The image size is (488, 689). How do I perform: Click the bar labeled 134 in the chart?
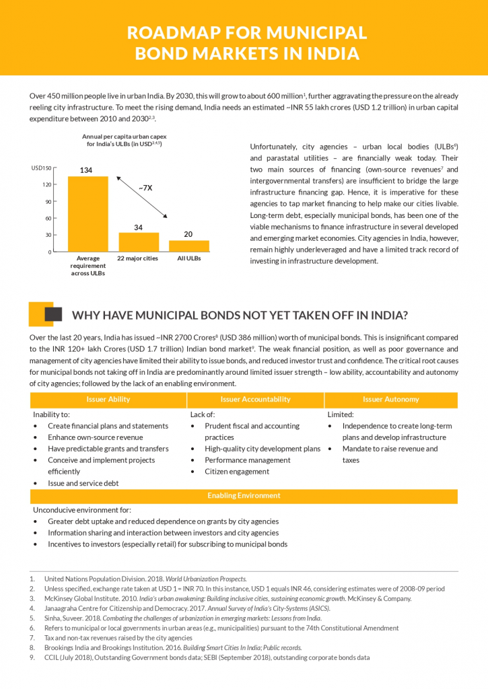[88, 213]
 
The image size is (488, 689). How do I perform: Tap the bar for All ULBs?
[188, 246]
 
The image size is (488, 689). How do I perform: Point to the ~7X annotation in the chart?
[145, 188]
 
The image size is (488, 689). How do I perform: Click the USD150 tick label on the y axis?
[41, 168]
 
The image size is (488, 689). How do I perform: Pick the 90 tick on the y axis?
[48, 201]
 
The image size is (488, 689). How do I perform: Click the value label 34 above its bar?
[138, 227]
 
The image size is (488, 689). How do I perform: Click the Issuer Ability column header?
[108, 400]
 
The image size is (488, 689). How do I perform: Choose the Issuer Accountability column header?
[255, 400]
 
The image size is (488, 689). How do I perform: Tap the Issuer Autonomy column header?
[390, 400]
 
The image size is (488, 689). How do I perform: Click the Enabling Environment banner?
[244, 496]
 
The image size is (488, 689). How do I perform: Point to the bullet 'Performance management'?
[248, 460]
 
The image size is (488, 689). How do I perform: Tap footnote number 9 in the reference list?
[32, 657]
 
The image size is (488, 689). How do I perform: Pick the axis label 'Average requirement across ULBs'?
[88, 266]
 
